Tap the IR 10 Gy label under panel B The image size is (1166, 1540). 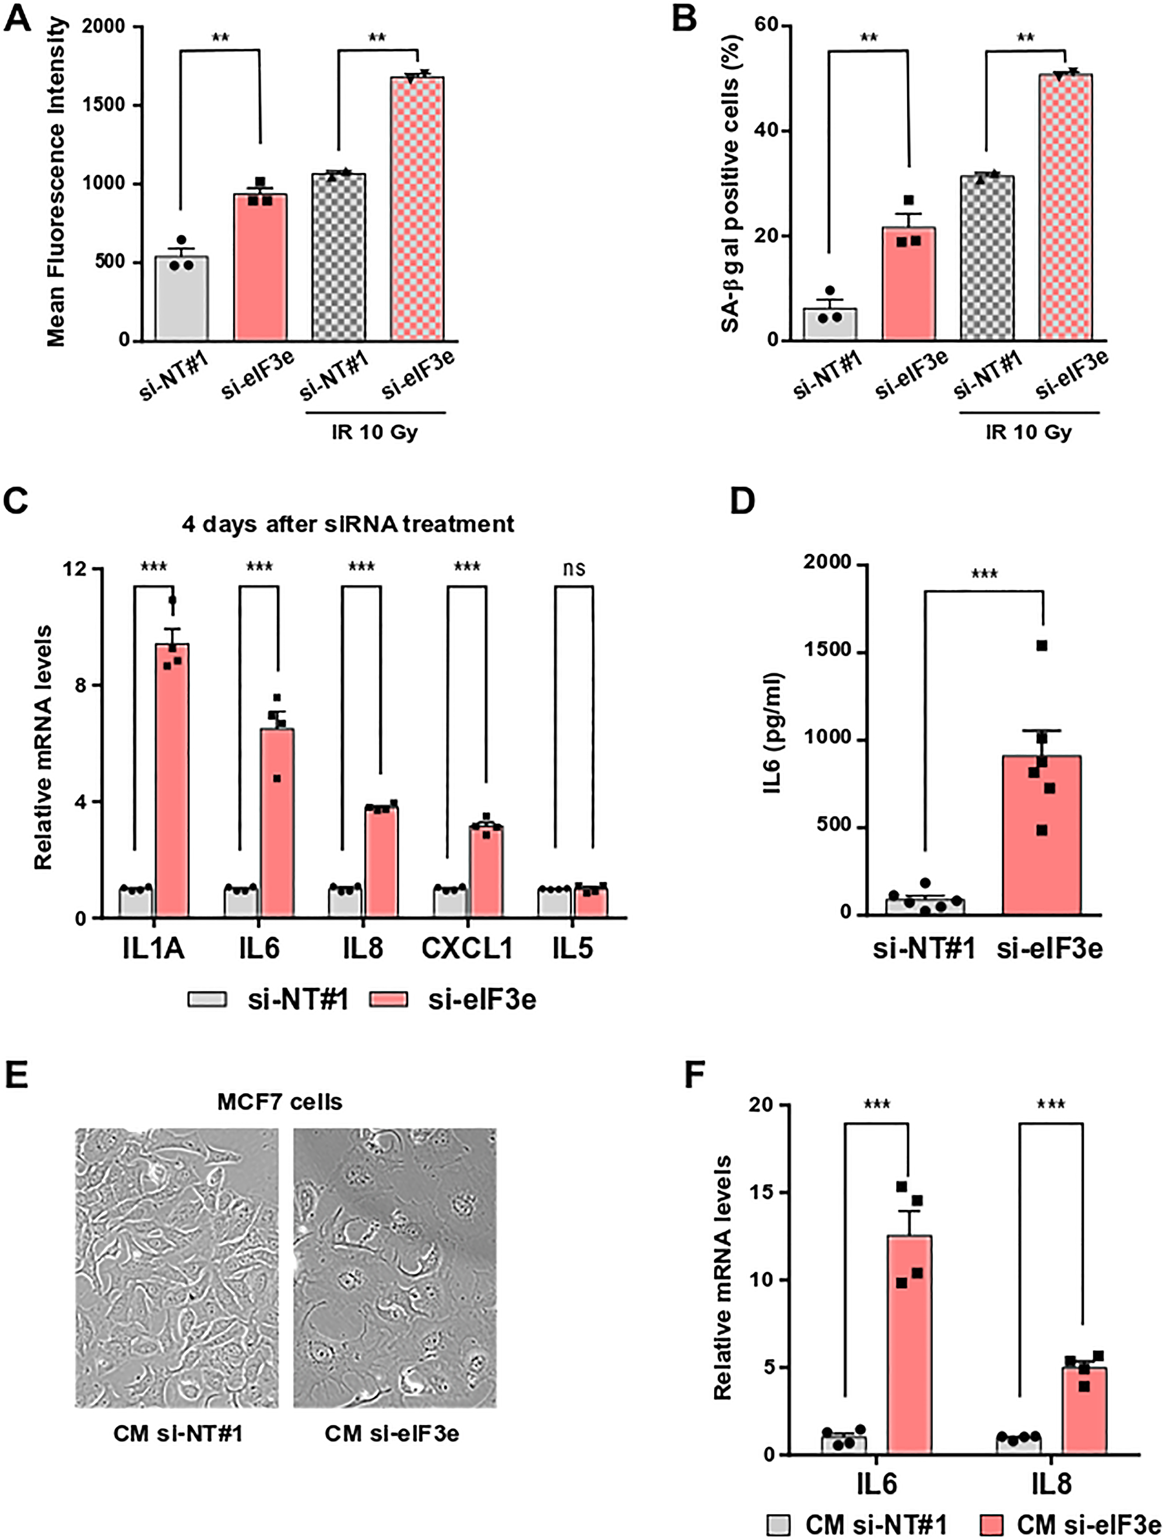pos(1028,432)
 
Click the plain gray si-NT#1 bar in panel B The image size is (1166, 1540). pos(830,325)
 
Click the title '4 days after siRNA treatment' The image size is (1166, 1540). pos(348,524)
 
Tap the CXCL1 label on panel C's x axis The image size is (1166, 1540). pos(467,948)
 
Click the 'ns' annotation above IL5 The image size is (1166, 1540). pos(574,570)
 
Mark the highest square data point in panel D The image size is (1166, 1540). pos(1041,646)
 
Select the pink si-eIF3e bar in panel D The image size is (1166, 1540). pos(1041,836)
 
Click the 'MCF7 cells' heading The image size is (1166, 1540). pos(279,1102)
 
